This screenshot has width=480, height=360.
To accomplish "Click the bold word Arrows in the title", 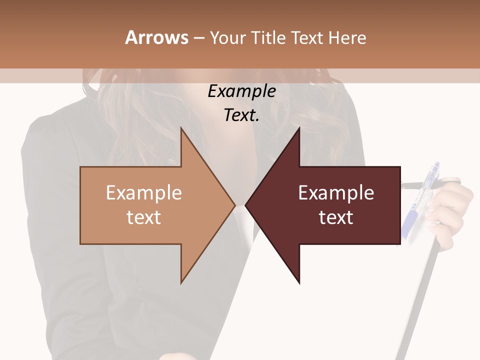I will (x=156, y=37).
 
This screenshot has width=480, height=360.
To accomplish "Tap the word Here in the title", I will (x=347, y=37).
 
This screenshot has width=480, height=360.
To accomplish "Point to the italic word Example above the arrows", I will (x=241, y=91).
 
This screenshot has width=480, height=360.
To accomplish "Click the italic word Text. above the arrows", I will (x=241, y=115).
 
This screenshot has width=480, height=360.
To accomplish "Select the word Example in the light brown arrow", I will (x=143, y=192).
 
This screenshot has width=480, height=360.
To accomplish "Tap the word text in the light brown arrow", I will (x=143, y=217).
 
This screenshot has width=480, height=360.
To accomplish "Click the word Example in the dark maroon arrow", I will (x=336, y=192).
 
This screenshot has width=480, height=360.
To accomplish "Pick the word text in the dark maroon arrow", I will (x=336, y=217).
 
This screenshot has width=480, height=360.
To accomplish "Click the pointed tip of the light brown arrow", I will (x=234, y=205).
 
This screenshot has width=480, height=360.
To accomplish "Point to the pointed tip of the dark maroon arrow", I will (x=246, y=205).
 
